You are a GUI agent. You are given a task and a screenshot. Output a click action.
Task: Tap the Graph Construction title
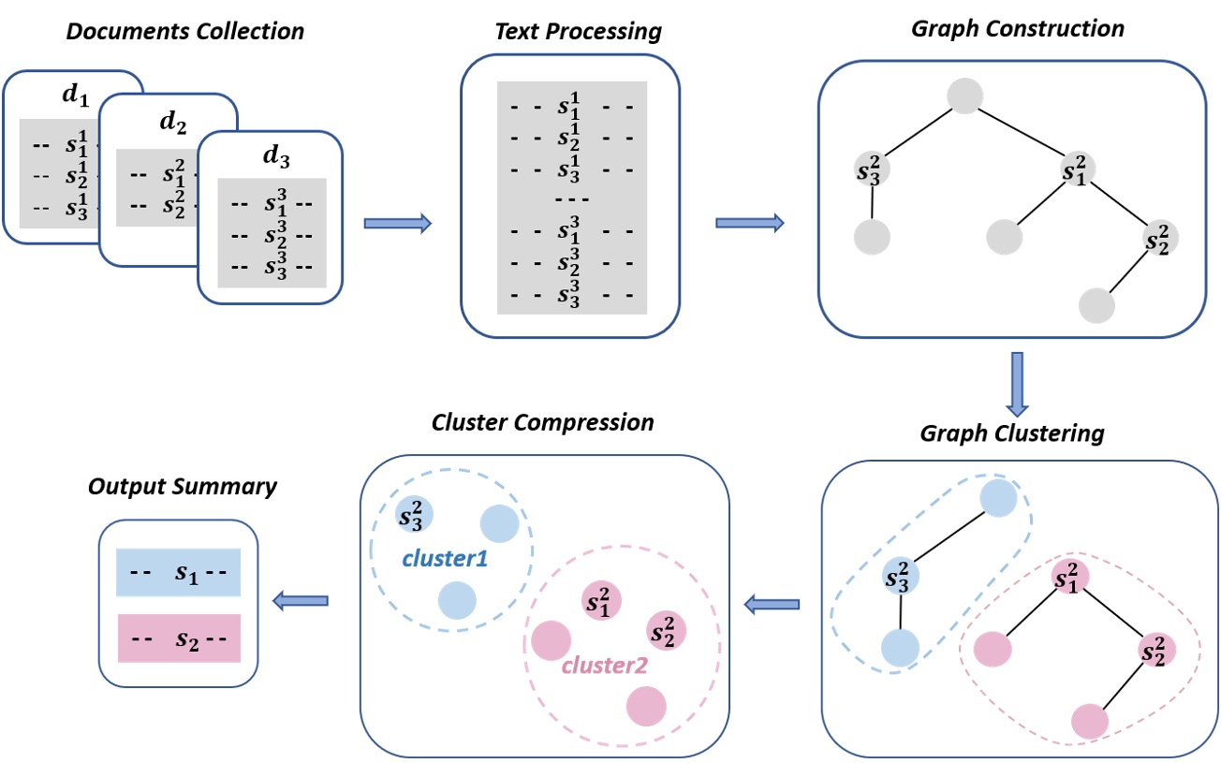pyautogui.click(x=1017, y=28)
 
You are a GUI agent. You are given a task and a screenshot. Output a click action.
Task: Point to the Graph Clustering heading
pyautogui.click(x=1012, y=434)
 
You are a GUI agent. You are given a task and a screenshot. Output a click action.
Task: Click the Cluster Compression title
pyautogui.click(x=542, y=421)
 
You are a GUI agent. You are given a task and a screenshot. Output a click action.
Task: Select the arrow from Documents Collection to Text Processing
pyautogui.click(x=397, y=223)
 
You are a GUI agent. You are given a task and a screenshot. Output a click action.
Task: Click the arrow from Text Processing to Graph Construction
pyautogui.click(x=749, y=223)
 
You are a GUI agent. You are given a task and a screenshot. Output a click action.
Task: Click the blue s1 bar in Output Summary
pyautogui.click(x=179, y=573)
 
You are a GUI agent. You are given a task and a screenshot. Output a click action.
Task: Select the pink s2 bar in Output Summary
pyautogui.click(x=179, y=638)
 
